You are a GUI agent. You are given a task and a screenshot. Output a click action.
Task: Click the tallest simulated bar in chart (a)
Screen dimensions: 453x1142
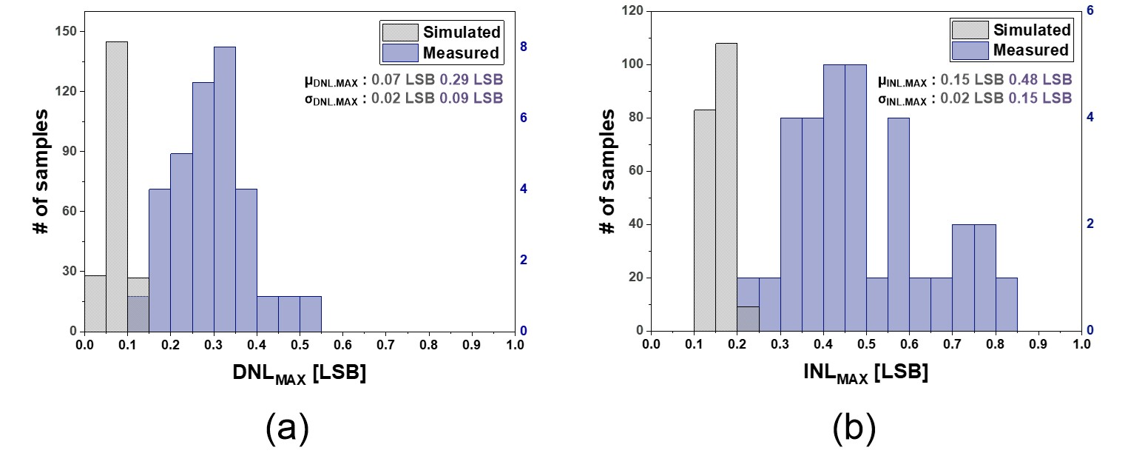click(117, 185)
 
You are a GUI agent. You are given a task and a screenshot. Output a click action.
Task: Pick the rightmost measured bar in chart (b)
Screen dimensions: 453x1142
click(1007, 304)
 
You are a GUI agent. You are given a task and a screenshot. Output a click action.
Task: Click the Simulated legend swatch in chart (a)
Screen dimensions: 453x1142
click(399, 32)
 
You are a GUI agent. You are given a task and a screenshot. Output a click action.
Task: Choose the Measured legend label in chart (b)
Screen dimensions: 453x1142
click(1031, 50)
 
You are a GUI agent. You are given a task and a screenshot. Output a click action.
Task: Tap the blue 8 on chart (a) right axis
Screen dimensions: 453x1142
click(524, 47)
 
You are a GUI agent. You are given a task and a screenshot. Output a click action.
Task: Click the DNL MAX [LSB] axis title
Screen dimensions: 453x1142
click(300, 375)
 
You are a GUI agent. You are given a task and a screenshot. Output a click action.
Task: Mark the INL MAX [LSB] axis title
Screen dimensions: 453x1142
click(866, 375)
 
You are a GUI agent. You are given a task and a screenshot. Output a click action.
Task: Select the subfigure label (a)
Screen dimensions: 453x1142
click(286, 428)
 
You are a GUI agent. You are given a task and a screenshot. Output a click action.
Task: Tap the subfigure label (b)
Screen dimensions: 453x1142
click(854, 428)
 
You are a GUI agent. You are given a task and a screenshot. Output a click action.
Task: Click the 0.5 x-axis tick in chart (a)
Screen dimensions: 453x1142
click(300, 344)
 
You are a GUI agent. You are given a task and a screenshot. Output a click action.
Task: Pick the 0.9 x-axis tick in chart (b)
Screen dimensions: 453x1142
click(1039, 344)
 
